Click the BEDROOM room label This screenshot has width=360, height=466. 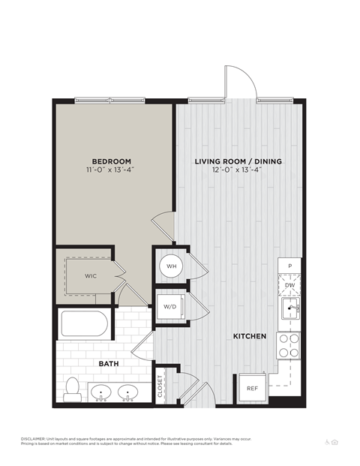(112, 161)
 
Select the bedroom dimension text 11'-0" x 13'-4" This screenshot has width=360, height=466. (112, 170)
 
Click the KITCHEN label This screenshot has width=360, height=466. (250, 337)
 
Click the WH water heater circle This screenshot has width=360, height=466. (170, 266)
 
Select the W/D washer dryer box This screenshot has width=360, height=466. (170, 307)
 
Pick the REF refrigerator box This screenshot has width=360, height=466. (251, 388)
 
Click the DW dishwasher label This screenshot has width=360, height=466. (289, 285)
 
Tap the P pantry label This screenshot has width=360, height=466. (289, 266)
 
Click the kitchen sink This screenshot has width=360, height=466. (289, 308)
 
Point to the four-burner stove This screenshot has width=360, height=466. (289, 345)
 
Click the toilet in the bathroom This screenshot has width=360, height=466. (73, 387)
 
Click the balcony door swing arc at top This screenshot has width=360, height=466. (236, 81)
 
